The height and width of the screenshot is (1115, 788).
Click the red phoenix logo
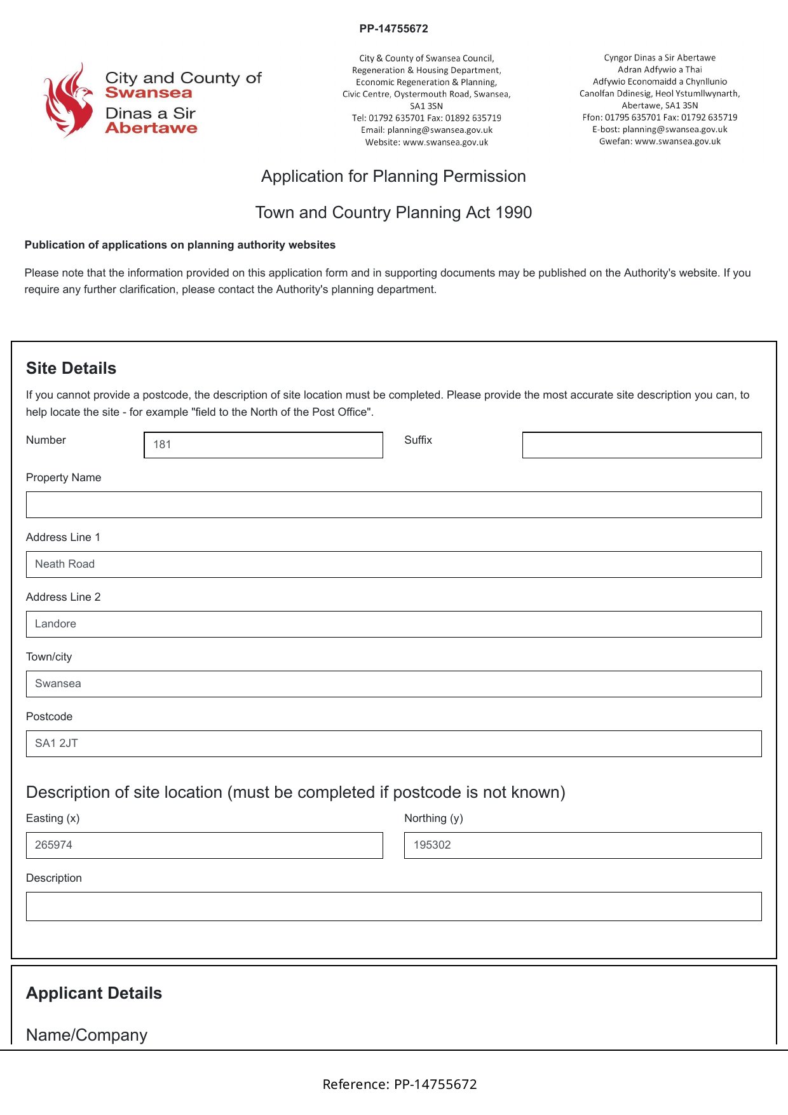pyautogui.click(x=67, y=100)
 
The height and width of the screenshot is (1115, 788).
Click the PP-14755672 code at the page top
pyautogui.click(x=393, y=29)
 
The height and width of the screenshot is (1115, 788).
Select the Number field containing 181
pyautogui.click(x=263, y=445)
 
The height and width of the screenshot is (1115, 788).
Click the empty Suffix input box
pyautogui.click(x=641, y=445)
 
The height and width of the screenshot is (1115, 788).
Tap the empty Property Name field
pyautogui.click(x=393, y=505)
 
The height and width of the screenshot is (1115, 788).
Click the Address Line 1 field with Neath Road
pyautogui.click(x=393, y=564)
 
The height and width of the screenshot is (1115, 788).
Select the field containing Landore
pyautogui.click(x=393, y=624)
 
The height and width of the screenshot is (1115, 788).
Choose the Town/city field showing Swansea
pyautogui.click(x=393, y=684)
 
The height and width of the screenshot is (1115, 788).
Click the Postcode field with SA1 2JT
pyautogui.click(x=393, y=744)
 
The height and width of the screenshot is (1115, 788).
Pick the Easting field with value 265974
pyautogui.click(x=204, y=845)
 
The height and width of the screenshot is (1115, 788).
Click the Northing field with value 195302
pyautogui.click(x=582, y=845)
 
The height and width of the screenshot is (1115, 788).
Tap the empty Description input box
pyautogui.click(x=393, y=906)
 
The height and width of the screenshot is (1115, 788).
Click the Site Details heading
pyautogui.click(x=71, y=369)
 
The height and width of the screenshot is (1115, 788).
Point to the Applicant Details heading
pyautogui.click(x=94, y=994)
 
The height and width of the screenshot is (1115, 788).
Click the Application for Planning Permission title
pyautogui.click(x=393, y=177)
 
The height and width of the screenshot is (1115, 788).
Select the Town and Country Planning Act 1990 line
pyautogui.click(x=393, y=212)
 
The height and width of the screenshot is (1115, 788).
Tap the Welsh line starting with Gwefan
pyautogui.click(x=660, y=142)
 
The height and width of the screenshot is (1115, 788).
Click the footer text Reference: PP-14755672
pyautogui.click(x=400, y=1084)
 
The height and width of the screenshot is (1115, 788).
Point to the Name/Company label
pyautogui.click(x=86, y=1036)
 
